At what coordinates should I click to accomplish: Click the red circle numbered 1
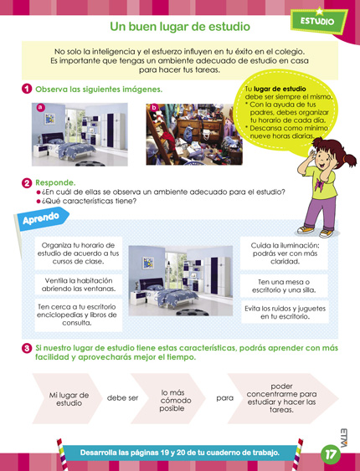tap(27, 89)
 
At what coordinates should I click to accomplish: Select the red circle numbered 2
tap(27, 182)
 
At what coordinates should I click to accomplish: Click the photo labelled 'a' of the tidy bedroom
tap(80, 134)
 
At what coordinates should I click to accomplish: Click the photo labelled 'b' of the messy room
tap(193, 134)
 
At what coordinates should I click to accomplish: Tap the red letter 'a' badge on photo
tap(39, 107)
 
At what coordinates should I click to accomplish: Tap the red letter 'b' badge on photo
tap(152, 108)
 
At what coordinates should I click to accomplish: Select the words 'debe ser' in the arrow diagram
tap(122, 397)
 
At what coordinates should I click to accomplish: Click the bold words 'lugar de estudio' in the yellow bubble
tap(280, 88)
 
